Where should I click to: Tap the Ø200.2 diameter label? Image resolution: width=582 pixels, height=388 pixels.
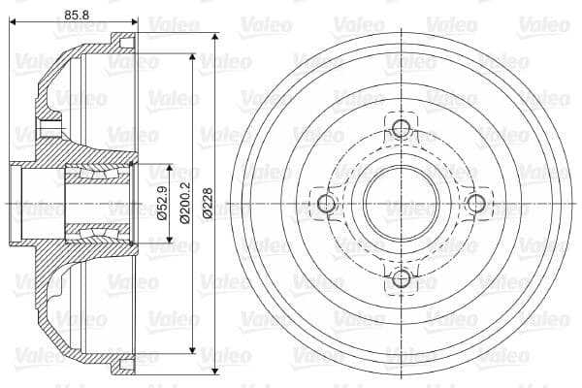point(181,203)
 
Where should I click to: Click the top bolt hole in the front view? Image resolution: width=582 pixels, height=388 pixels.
point(401,127)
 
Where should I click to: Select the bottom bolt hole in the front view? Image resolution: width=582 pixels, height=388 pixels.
point(401,278)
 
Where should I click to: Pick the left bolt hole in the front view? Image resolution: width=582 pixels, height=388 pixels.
point(326,203)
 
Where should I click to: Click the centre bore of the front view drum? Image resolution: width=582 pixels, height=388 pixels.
point(401,203)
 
